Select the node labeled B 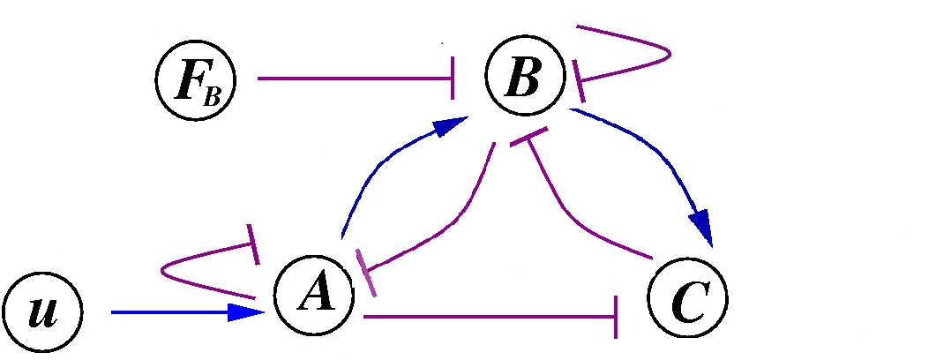[524, 79]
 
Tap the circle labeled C [687, 300]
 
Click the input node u [41, 312]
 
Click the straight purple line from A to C [485, 316]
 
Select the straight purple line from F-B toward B [353, 79]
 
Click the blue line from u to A [168, 312]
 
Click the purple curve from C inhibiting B [573, 212]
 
